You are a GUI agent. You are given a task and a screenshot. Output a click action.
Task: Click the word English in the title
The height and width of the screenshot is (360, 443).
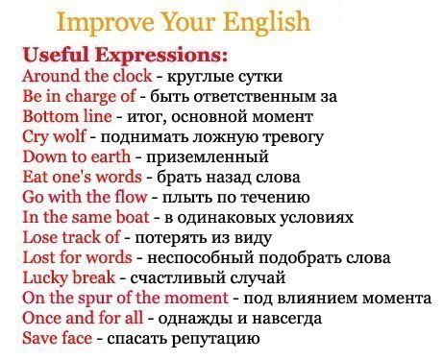pos(266,22)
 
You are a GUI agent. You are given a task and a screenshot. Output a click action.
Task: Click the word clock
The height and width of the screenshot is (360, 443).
pos(133,76)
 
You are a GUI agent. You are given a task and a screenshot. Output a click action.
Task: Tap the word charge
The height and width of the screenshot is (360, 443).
pos(90,97)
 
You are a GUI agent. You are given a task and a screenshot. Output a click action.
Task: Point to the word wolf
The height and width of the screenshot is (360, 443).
pos(69,136)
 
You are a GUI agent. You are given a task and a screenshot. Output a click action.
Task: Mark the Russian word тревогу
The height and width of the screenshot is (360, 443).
pos(293,138)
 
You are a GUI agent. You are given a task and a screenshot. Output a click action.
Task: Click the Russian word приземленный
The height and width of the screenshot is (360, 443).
pos(207,157)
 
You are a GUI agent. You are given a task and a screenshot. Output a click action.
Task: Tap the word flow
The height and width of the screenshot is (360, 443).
pos(131,197)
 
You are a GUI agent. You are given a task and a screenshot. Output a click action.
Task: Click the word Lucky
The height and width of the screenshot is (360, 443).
pos(44,277)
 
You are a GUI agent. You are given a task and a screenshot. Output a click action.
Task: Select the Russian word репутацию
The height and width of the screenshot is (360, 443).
pos(215,340)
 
